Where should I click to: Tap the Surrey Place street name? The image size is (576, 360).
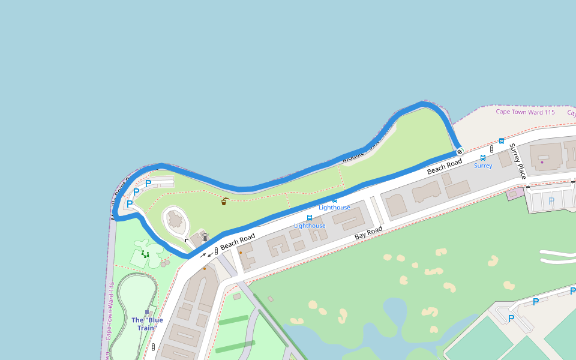tap(518, 161)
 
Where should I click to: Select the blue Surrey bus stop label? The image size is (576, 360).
tap(483, 166)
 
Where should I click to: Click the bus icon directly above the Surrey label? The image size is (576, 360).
tap(483, 158)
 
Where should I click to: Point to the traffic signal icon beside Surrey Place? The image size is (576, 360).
tap(491, 149)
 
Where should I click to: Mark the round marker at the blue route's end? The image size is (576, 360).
tap(460, 151)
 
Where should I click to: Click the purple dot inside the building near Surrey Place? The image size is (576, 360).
tap(542, 162)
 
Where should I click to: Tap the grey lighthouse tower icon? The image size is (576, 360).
tap(205, 237)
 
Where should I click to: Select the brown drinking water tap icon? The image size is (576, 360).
tap(224, 201)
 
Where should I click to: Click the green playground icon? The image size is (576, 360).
tap(145, 254)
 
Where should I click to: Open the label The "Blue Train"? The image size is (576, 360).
tap(147, 323)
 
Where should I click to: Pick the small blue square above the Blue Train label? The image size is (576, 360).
tap(147, 312)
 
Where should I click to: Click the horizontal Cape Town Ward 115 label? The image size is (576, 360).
tap(525, 112)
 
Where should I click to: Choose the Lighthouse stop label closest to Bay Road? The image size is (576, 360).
tap(310, 226)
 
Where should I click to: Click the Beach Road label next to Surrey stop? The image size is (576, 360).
tap(445, 167)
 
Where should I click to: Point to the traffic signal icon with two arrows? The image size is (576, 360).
tap(216, 252)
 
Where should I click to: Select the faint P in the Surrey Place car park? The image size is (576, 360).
tap(551, 200)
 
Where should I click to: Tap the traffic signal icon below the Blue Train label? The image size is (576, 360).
tap(154, 347)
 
